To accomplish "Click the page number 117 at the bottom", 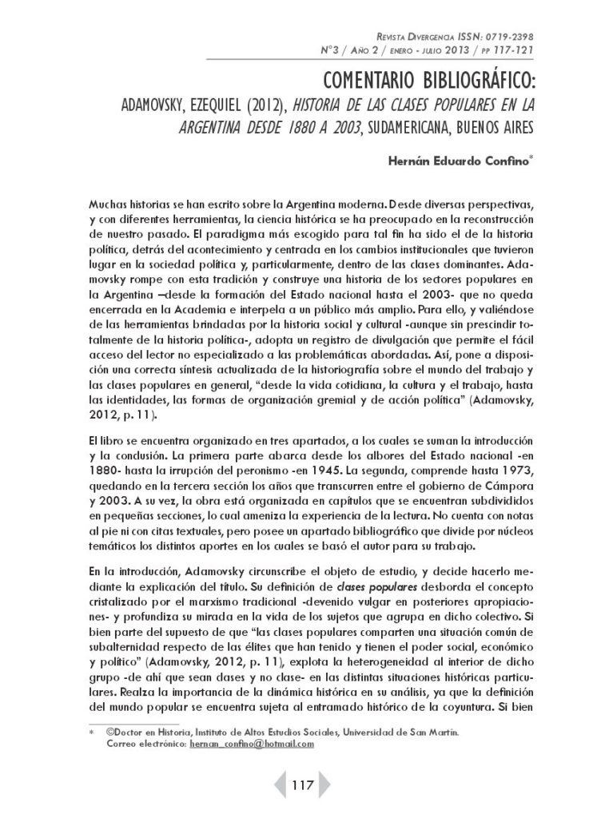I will click(x=302, y=784).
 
